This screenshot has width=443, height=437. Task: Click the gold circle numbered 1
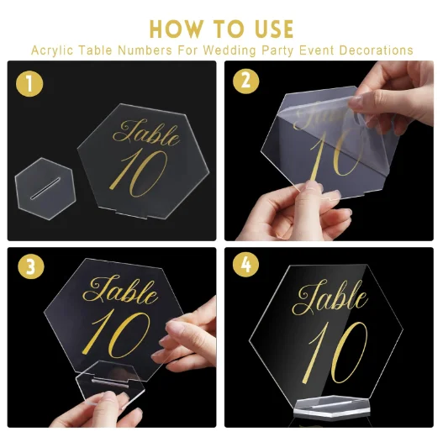(29, 83)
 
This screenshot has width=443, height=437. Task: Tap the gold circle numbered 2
(245, 81)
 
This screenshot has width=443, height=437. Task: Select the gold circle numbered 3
(31, 266)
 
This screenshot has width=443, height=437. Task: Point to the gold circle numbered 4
(245, 265)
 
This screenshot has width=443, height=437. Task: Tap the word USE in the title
(274, 29)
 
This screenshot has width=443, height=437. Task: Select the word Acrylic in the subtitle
(52, 50)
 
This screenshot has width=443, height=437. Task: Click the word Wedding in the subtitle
(229, 50)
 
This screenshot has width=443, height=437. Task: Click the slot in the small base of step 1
(45, 189)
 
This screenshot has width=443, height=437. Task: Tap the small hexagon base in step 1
(45, 188)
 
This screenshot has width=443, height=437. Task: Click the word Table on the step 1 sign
(146, 133)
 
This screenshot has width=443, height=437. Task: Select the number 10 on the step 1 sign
(138, 173)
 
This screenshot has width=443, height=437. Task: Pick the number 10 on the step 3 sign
(116, 334)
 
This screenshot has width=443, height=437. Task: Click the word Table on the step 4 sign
(330, 297)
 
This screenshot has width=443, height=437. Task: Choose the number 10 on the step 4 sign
(338, 353)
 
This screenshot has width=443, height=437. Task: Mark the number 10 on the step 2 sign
(335, 154)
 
